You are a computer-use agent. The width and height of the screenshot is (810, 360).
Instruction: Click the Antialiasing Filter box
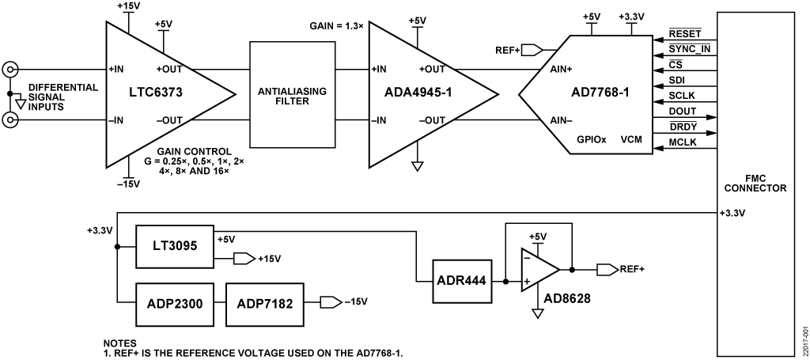288,94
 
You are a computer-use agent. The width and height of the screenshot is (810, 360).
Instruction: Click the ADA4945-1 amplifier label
419,94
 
